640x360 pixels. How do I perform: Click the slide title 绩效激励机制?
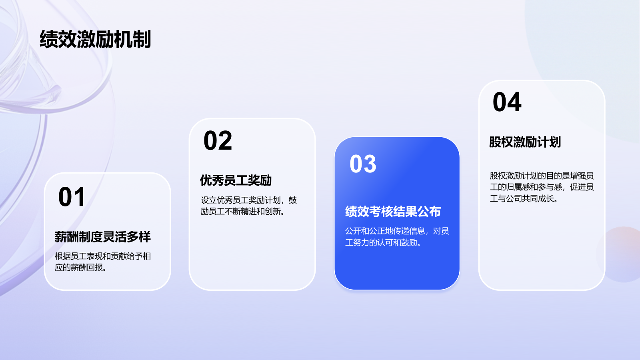point(95,39)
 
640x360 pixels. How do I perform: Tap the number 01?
point(72,197)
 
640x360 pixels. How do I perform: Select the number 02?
point(218,141)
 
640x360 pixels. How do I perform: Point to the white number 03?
point(363,164)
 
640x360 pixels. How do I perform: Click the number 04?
point(507,102)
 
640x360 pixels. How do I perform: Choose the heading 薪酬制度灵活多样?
point(103,237)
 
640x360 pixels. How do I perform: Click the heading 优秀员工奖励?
point(236,180)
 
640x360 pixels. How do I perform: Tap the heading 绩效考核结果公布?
point(393,212)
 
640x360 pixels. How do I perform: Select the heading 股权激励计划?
point(525,142)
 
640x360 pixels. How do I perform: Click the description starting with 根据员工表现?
point(103,262)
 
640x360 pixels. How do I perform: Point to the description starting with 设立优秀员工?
point(248,206)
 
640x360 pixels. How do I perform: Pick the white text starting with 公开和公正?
point(397,236)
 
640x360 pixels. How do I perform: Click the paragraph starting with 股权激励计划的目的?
point(542,187)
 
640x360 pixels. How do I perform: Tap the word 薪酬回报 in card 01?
point(87,268)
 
